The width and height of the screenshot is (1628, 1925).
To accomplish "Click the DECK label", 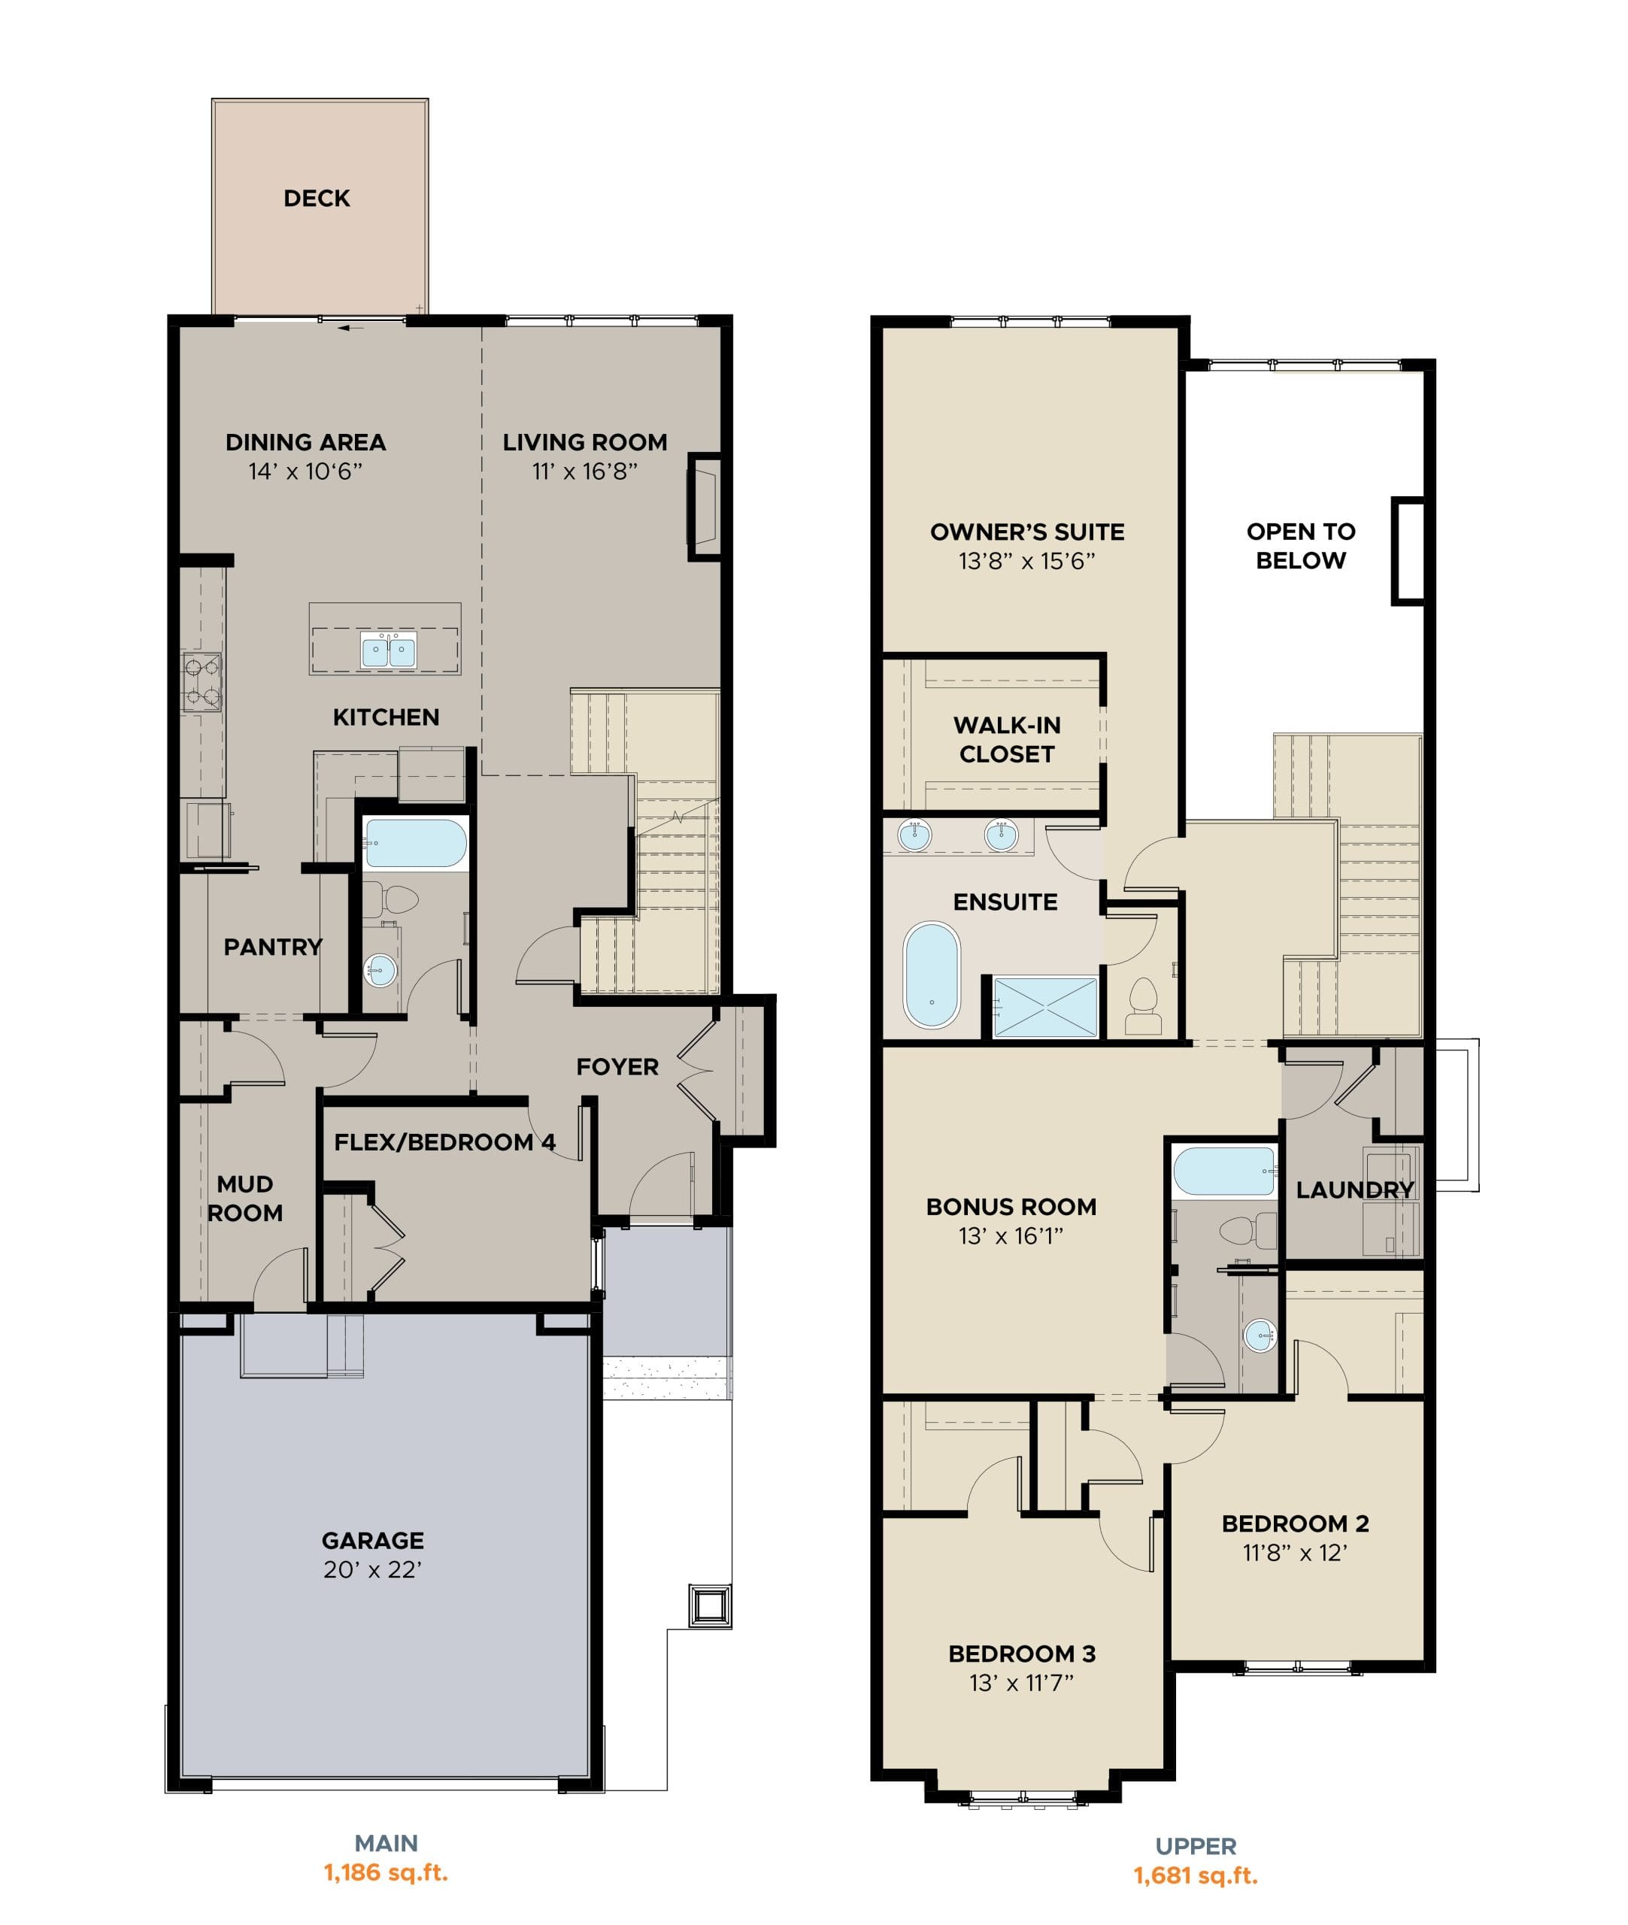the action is pyautogui.click(x=317, y=199).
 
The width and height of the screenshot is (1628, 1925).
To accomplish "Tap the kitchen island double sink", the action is pyautogui.click(x=389, y=650).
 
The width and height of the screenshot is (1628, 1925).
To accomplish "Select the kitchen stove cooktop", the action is pyautogui.click(x=202, y=681).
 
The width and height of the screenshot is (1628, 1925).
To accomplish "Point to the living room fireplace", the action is pyautogui.click(x=704, y=507).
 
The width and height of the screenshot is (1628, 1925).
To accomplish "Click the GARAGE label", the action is pyautogui.click(x=373, y=1540).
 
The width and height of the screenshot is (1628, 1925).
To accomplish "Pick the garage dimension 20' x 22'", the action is pyautogui.click(x=373, y=1570).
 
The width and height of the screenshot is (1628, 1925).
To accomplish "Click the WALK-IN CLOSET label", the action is pyautogui.click(x=1007, y=739).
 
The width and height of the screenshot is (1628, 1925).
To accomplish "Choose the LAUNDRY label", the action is pyautogui.click(x=1355, y=1190).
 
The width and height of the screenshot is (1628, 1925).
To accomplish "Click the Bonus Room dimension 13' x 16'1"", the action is pyautogui.click(x=1011, y=1235).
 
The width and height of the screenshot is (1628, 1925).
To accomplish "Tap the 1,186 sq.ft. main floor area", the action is pyautogui.click(x=386, y=1872).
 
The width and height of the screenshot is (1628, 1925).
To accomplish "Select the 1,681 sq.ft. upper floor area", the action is pyautogui.click(x=1196, y=1875).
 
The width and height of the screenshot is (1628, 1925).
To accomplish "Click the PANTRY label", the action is pyautogui.click(x=273, y=947).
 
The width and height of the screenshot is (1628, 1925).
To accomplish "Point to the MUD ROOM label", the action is pyautogui.click(x=244, y=1198).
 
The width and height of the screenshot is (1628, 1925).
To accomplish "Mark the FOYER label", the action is pyautogui.click(x=617, y=1067).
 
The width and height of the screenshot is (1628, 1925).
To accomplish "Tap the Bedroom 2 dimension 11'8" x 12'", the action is pyautogui.click(x=1295, y=1552).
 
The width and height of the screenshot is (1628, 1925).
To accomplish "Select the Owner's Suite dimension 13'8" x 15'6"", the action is pyautogui.click(x=1027, y=561).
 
